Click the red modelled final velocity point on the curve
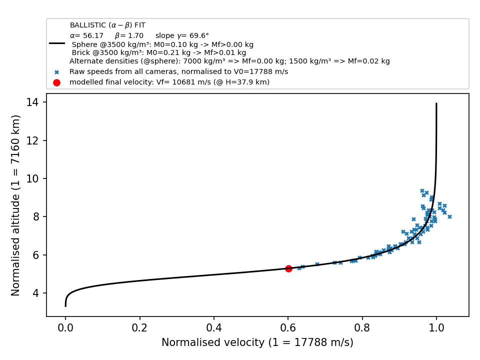(288, 268)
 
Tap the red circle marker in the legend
(56, 82)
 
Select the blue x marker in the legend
(56, 72)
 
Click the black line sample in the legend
(57, 43)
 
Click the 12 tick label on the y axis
(32, 140)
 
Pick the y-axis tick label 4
(36, 293)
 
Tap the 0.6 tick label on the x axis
(288, 327)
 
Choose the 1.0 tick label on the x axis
(436, 327)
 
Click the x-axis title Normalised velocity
(213, 342)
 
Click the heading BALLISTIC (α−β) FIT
(108, 25)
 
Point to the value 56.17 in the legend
(93, 35)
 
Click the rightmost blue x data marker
(449, 216)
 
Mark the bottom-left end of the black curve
(65, 306)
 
